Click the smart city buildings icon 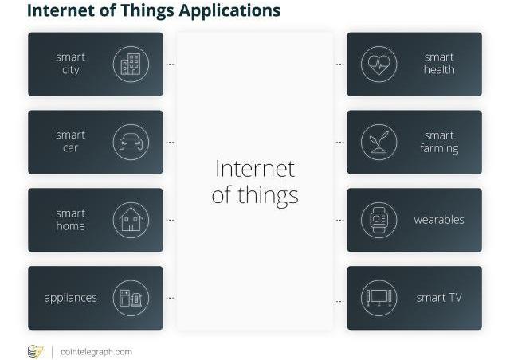click(131, 64)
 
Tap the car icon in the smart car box click(131, 142)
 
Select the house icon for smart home click(131, 220)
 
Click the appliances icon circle click(131, 298)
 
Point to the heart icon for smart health click(379, 64)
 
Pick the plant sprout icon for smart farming click(379, 142)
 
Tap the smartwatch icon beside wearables click(379, 220)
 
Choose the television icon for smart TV click(379, 298)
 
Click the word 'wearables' click(439, 220)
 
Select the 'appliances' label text click(71, 298)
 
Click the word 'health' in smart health click(439, 69)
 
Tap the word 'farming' click(439, 148)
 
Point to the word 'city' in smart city click(71, 70)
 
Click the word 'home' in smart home click(71, 226)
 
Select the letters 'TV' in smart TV click(454, 298)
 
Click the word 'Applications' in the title click(229, 10)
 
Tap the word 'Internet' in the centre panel click(255, 169)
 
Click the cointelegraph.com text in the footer click(96, 352)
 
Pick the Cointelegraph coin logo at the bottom click(35, 352)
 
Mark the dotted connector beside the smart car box click(170, 142)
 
